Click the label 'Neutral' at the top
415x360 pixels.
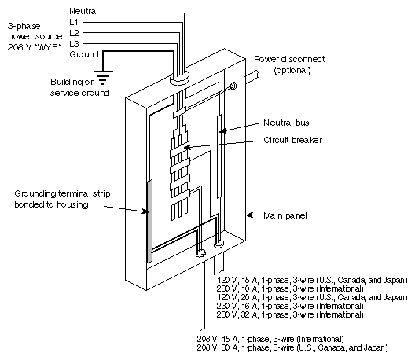click(x=84, y=12)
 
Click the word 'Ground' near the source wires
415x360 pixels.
click(x=84, y=56)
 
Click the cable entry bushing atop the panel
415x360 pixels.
click(x=179, y=78)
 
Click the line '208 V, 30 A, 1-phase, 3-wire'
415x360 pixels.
click(x=303, y=347)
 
